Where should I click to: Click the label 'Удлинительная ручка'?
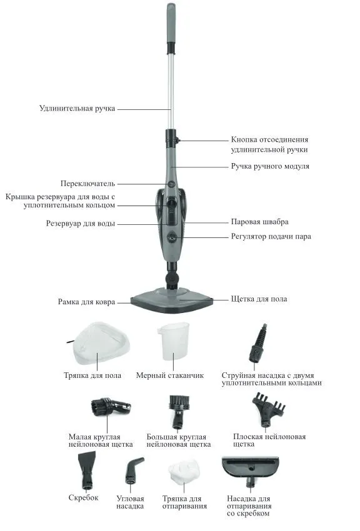[77, 108]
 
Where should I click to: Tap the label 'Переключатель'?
[87, 184]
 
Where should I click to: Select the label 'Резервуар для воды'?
[81, 224]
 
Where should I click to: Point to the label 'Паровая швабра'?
[260, 222]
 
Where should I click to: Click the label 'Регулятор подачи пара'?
[271, 236]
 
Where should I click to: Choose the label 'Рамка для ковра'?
[86, 302]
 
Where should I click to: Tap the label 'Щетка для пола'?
[259, 299]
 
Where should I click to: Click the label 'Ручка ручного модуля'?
[270, 166]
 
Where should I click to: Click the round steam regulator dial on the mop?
[172, 236]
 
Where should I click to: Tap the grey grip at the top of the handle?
[171, 23]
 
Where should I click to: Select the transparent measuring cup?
[173, 341]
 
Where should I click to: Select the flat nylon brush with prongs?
[269, 409]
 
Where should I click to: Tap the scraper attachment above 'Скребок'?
[86, 471]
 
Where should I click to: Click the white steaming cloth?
[184, 471]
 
